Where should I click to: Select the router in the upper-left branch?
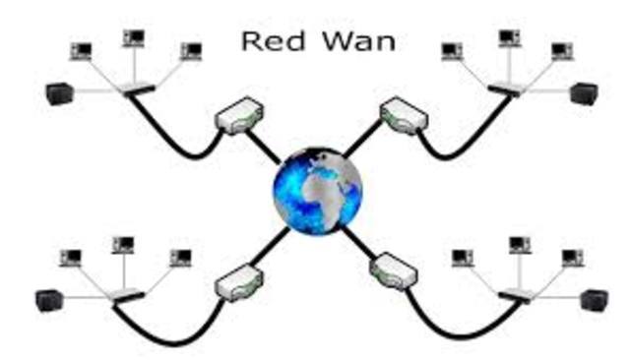pos(238,118)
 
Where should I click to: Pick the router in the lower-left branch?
pos(237,281)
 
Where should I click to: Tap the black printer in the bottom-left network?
pos(48,297)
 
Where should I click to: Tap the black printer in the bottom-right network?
pos(593,299)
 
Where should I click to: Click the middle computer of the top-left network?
pos(134,39)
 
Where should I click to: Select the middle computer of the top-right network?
pos(509,39)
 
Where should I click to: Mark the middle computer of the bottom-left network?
pos(123,245)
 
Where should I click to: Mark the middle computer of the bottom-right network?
pos(518,245)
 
